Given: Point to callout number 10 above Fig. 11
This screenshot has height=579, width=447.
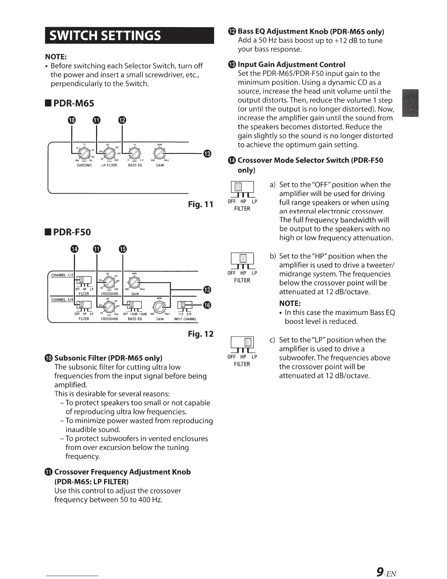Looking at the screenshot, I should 72,120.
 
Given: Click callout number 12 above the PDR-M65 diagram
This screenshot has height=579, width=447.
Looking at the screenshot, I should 122,120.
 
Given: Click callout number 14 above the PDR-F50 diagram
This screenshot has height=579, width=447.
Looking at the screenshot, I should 74,249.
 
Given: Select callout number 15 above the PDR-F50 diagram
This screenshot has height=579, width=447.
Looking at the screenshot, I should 122,249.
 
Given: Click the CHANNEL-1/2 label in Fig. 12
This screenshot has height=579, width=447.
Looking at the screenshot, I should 61,275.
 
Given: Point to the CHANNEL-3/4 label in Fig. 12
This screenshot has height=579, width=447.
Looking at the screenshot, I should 61,300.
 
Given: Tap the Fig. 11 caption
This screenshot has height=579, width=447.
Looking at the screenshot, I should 200,204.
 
